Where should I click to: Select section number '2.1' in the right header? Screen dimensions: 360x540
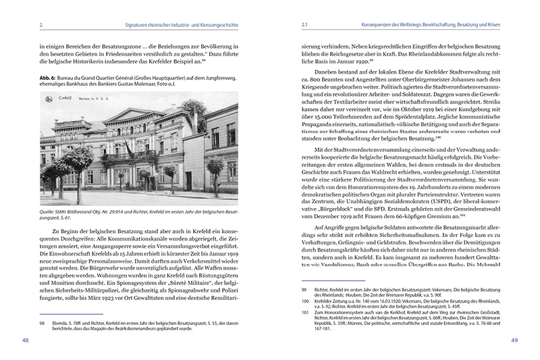pyautogui.click(x=304, y=26)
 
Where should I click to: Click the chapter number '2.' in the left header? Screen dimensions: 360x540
pyautogui.click(x=43, y=26)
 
